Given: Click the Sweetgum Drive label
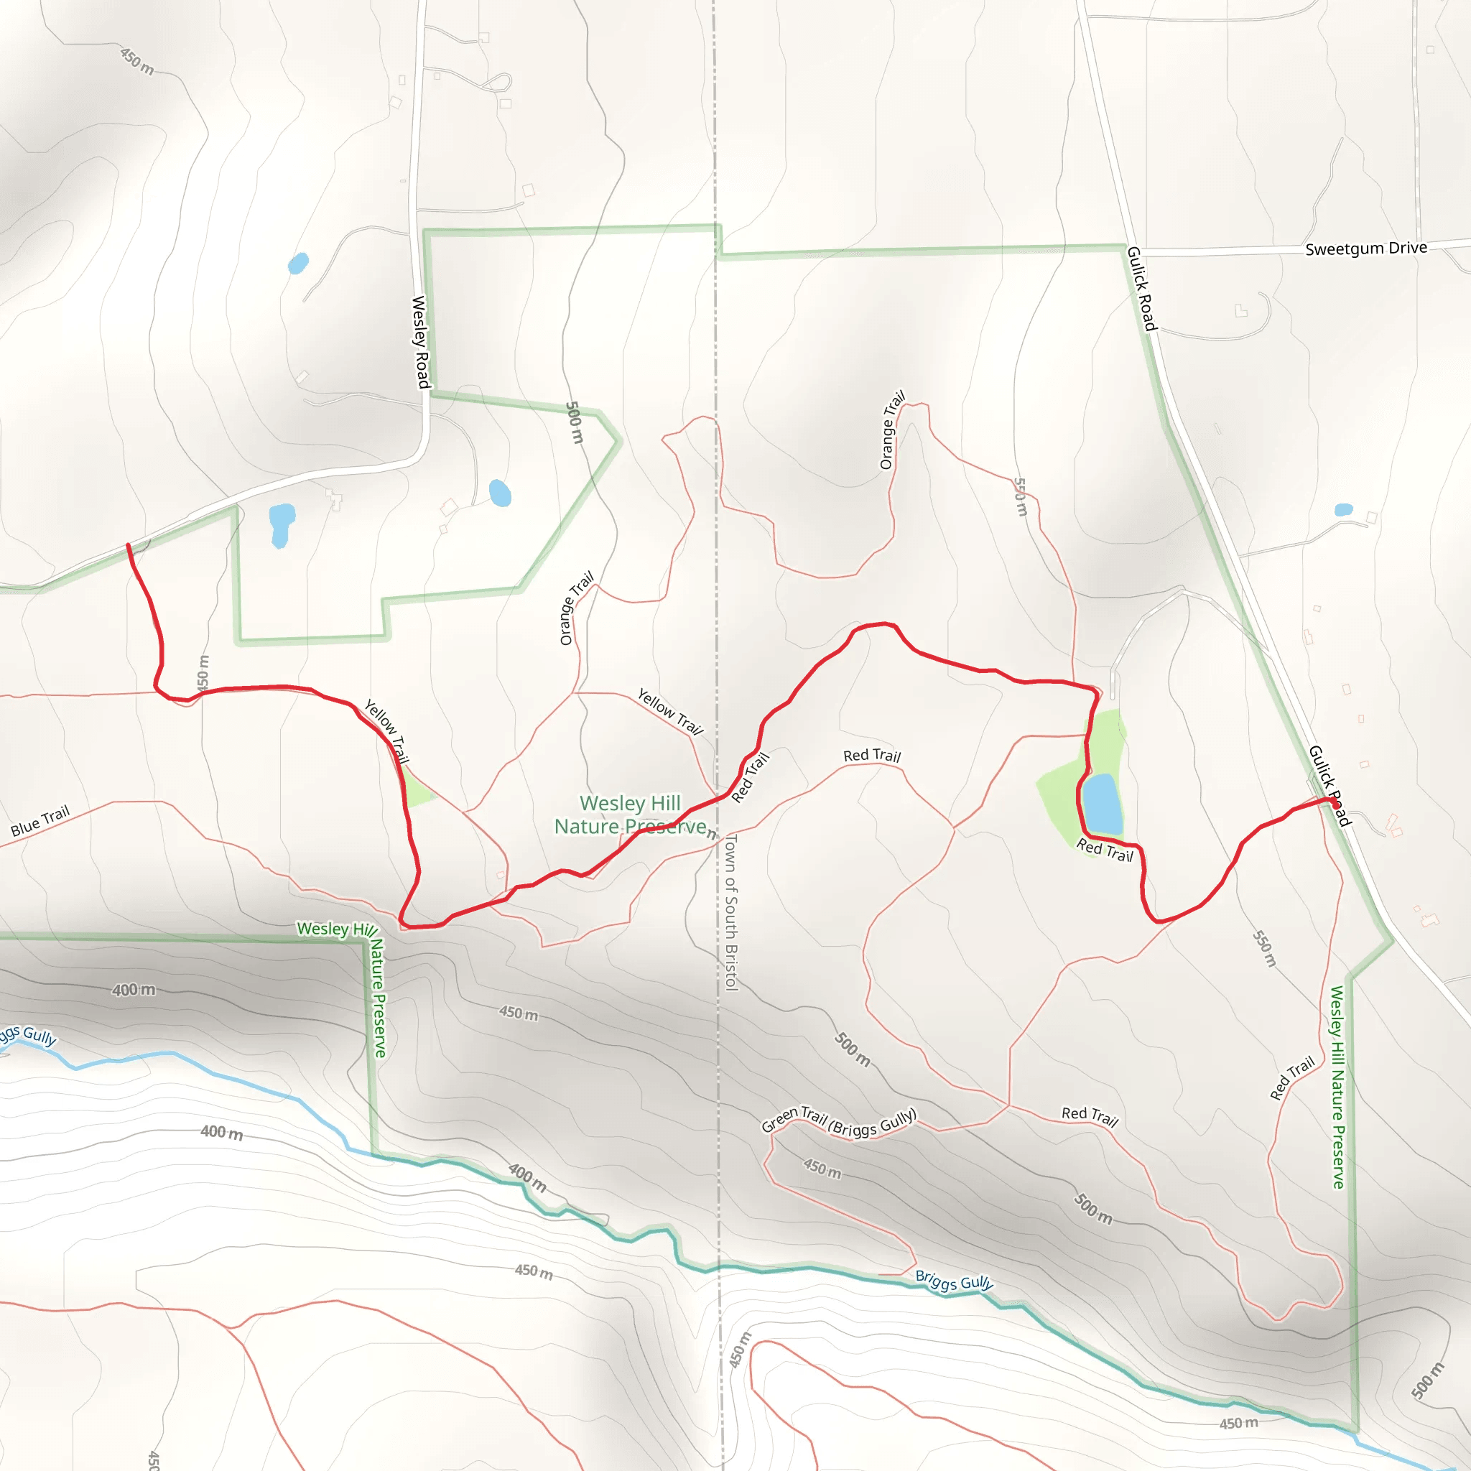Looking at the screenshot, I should [1365, 249].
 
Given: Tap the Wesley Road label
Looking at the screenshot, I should [420, 342].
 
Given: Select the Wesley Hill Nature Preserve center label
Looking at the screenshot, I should [631, 815].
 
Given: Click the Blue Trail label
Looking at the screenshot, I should [40, 821].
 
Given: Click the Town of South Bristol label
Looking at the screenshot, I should [731, 911].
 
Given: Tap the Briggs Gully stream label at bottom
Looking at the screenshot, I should [953, 1281].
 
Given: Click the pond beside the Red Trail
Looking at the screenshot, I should [1101, 804].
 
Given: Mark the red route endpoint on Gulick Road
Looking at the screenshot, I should [1335, 802].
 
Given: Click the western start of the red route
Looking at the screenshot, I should [128, 545].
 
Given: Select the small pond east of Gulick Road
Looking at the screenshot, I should [1343, 509].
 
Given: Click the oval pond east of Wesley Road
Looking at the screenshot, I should [499, 493].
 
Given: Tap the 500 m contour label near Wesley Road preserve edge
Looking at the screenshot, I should [575, 422].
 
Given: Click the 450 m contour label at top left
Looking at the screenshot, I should [137, 62].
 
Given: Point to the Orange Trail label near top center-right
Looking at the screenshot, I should [891, 430].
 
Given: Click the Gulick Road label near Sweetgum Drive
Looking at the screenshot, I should [1141, 289].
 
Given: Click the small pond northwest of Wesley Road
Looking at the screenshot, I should [297, 264].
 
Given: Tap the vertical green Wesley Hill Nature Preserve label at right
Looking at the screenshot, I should [1337, 1087].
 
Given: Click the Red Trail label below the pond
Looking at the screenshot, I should [1104, 850].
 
